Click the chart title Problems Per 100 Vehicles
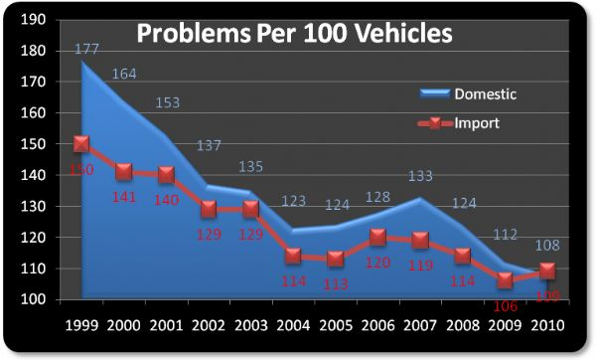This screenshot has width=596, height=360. coord(294,33)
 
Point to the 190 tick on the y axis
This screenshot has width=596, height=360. coord(34,20)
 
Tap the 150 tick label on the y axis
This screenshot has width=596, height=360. coord(34,144)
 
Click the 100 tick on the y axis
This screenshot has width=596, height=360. coord(34,299)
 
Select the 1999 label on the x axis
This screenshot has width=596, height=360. coord(79,325)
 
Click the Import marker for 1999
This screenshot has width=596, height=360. coord(79,144)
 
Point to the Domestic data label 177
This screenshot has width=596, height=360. coord(86,51)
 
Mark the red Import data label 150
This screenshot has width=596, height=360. coord(80,171)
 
